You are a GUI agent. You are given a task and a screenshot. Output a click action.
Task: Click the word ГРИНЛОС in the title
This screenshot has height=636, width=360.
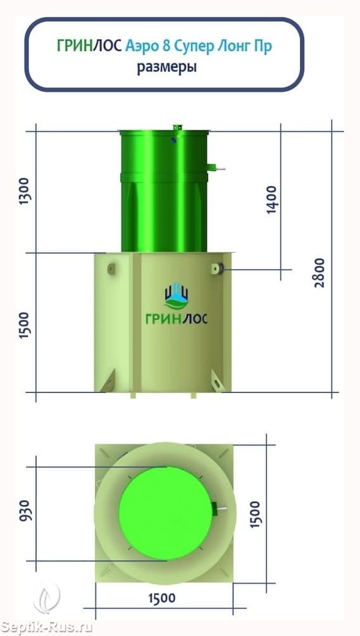89,46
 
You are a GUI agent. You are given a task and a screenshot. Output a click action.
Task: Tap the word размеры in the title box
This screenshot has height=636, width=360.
166,67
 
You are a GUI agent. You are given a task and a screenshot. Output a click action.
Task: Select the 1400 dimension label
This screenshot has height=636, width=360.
271,199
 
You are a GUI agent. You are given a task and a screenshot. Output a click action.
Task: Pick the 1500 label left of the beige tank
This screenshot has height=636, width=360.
25,326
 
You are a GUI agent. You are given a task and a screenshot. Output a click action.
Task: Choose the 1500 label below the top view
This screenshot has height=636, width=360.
162,597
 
